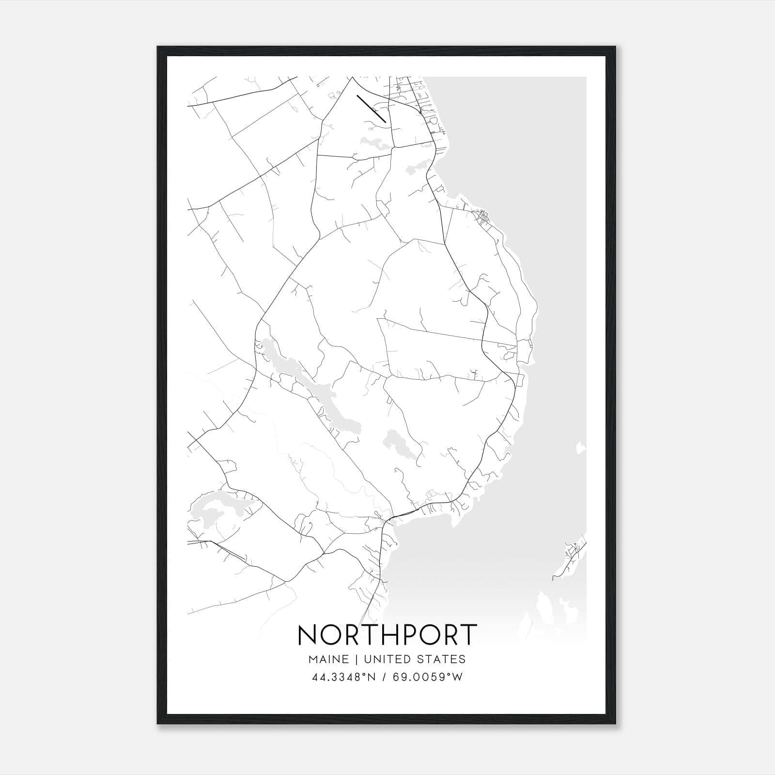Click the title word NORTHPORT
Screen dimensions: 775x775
[x=387, y=635]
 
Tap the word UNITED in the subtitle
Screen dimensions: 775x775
[x=386, y=659]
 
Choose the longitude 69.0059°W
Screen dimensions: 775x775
[x=428, y=677]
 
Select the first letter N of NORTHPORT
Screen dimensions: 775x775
[x=308, y=635]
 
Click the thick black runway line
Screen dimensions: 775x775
[x=372, y=109]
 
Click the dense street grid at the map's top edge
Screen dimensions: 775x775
[x=412, y=92]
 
